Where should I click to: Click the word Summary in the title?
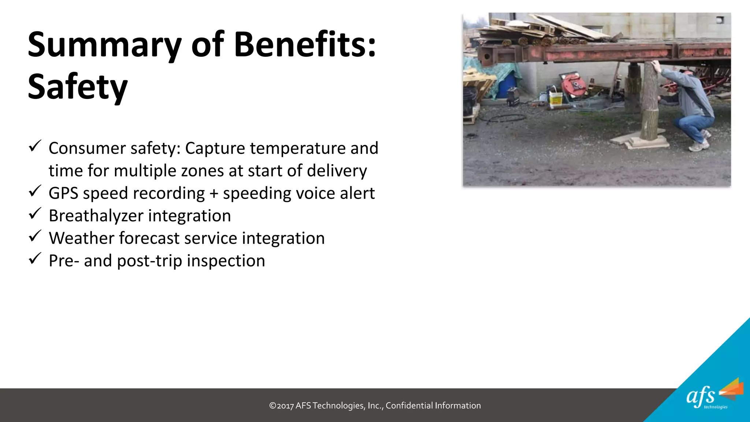(104, 45)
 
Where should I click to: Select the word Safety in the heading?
(78, 87)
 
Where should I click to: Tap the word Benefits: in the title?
(305, 45)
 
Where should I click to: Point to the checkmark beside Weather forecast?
(35, 236)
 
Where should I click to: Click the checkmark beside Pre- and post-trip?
(35, 258)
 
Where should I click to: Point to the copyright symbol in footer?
(272, 406)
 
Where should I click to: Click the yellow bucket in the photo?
(556, 99)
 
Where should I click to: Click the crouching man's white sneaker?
(699, 147)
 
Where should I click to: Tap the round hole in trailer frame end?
(487, 57)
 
